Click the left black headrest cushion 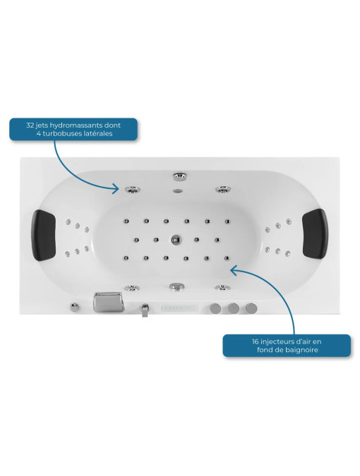click(x=44, y=236)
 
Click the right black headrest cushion click(x=315, y=233)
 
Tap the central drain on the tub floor click(x=176, y=240)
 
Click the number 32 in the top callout click(x=30, y=125)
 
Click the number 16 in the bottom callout click(x=256, y=341)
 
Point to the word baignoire click(x=301, y=350)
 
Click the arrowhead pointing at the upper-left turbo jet click(x=116, y=189)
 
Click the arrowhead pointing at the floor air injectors click(x=234, y=269)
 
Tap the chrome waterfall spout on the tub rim click(x=109, y=302)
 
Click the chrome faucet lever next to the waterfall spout click(x=145, y=310)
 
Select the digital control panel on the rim click(x=179, y=308)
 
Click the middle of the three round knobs click(x=234, y=308)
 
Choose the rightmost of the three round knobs click(x=251, y=308)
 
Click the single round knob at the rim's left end click(x=74, y=307)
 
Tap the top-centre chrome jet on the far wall click(x=179, y=176)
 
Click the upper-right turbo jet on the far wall click(x=223, y=190)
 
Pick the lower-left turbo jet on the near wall click(x=132, y=288)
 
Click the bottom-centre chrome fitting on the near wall click(x=176, y=286)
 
